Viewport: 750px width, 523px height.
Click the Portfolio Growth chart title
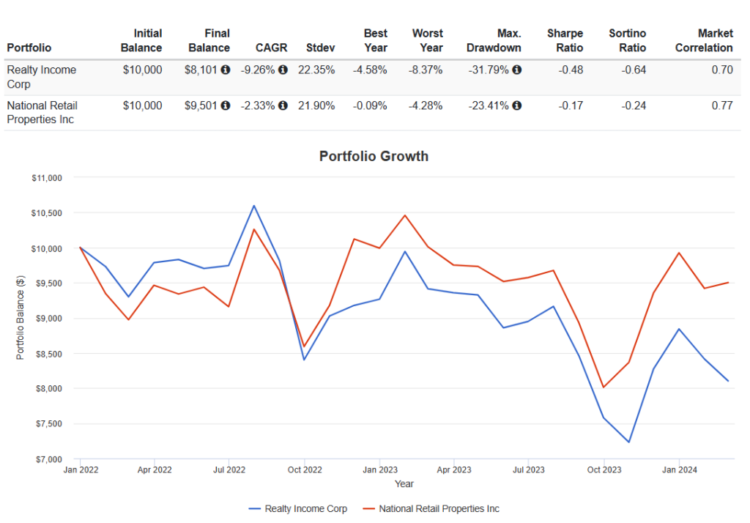point(374,156)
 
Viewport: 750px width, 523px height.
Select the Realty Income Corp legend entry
point(297,508)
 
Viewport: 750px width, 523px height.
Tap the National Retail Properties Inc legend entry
point(431,508)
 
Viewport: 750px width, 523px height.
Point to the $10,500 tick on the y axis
point(47,213)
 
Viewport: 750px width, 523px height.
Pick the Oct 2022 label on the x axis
point(305,470)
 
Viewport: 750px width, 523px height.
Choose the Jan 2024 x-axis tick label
point(679,470)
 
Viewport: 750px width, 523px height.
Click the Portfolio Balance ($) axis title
point(20,318)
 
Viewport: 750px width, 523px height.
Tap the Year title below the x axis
point(404,483)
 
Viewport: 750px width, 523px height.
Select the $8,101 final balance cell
point(201,70)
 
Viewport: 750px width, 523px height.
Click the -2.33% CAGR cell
point(258,105)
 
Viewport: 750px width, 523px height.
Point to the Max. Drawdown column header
point(494,41)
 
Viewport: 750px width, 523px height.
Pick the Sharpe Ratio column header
point(565,41)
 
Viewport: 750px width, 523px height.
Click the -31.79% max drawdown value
point(489,70)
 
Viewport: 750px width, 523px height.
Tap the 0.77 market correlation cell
point(721,105)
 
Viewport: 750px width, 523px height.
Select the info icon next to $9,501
point(226,105)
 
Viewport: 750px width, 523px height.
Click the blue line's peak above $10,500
point(254,206)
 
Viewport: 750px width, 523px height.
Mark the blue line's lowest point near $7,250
point(628,442)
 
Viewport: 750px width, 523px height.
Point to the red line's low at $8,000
point(604,387)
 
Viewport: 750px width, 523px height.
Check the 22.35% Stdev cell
point(316,70)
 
